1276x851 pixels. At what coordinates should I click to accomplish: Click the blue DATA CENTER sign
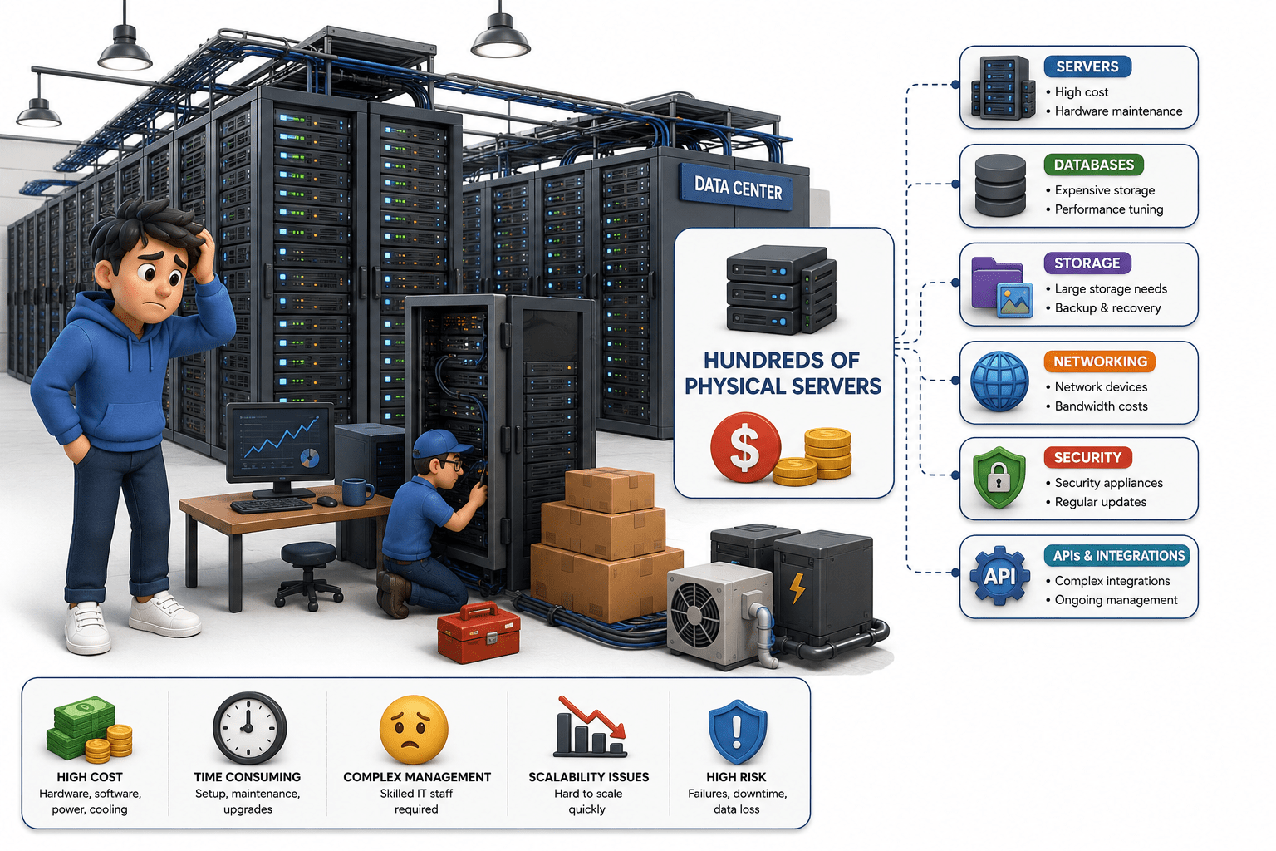pos(737,188)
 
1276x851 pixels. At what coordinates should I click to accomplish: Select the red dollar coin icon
pos(745,447)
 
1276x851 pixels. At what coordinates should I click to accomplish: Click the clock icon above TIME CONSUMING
pos(249,728)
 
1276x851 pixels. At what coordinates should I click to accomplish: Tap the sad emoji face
pos(415,729)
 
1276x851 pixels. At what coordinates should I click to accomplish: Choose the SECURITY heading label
pos(1087,457)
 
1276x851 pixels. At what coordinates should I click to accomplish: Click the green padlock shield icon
pos(999,478)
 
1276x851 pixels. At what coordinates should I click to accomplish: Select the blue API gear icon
pos(999,576)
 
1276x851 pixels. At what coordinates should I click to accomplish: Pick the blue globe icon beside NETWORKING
pos(999,381)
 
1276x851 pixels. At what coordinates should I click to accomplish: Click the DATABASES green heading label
pos(1094,165)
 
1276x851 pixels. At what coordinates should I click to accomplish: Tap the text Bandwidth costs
pos(1101,406)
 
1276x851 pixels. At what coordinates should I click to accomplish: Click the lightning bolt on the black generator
pos(797,588)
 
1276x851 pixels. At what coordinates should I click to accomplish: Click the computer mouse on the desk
pos(327,501)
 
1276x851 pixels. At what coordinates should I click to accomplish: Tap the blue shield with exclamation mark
pos(737,731)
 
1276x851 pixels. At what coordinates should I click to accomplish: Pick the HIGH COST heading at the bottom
pos(90,777)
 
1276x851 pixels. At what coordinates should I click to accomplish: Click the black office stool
pos(308,576)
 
